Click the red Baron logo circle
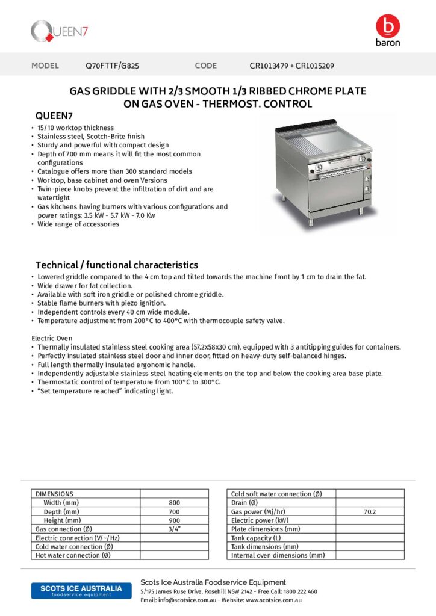[387, 26]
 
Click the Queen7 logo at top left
[59, 31]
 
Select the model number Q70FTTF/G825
[113, 66]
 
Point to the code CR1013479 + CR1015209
[291, 66]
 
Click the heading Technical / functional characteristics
[116, 265]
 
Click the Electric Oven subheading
[52, 339]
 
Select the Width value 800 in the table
[174, 503]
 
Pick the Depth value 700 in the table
[174, 511]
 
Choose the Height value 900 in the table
[174, 520]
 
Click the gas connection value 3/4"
[174, 529]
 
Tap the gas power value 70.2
[369, 512]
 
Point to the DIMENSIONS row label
[55, 494]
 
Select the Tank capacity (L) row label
[256, 538]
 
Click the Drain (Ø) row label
[244, 503]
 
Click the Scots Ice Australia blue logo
[76, 590]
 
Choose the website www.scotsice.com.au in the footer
[273, 600]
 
